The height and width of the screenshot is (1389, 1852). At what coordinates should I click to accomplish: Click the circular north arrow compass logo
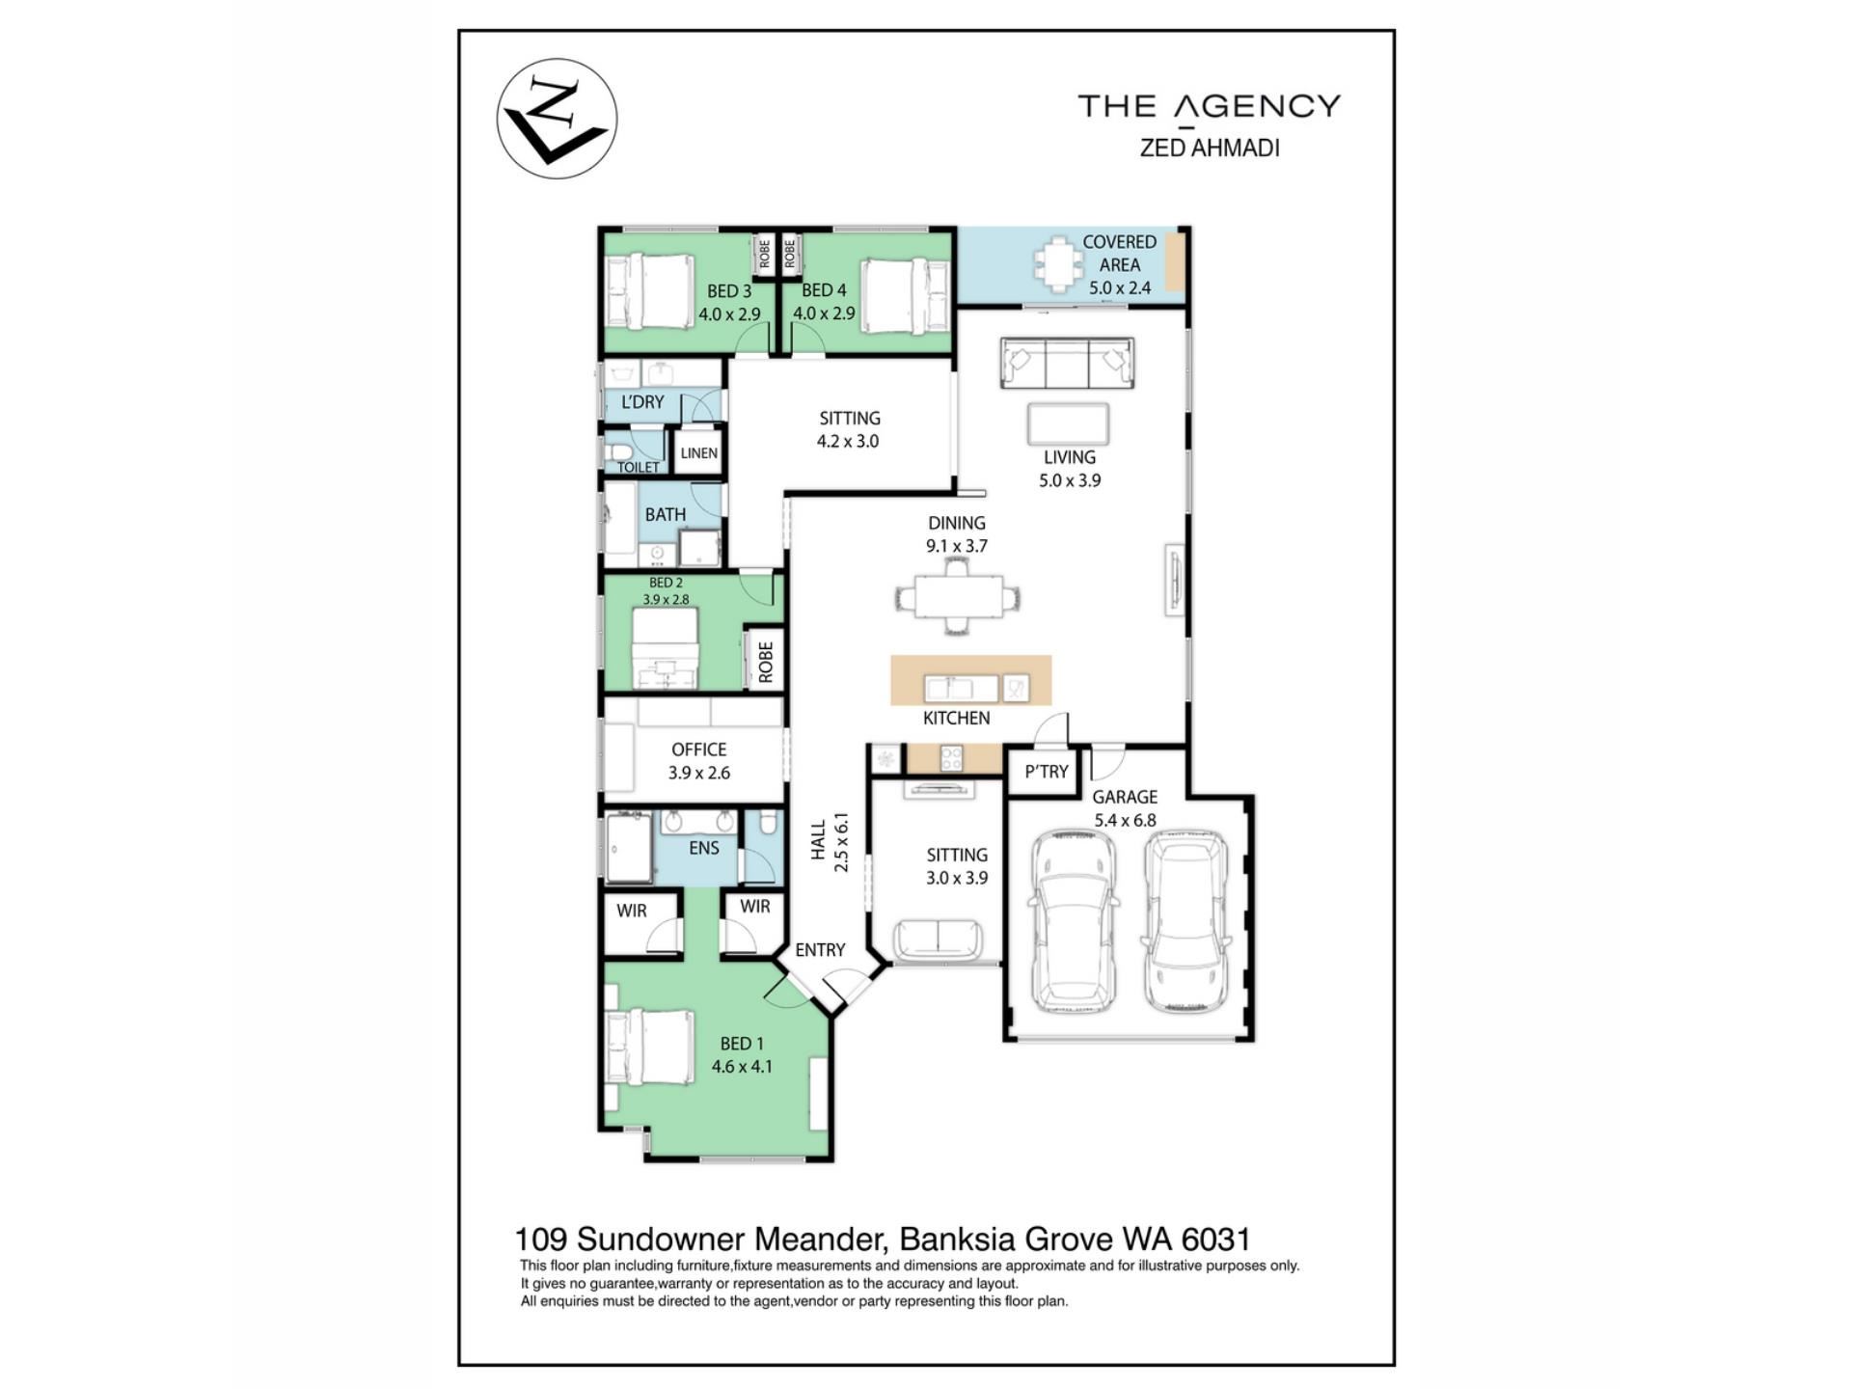(x=557, y=119)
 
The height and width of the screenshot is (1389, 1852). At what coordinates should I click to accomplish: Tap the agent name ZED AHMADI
(x=1210, y=149)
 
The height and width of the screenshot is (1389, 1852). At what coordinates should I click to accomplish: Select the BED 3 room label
(x=729, y=290)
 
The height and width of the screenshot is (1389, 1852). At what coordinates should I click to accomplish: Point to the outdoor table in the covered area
(x=1058, y=263)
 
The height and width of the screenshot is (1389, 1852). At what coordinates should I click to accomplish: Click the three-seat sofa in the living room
(x=1067, y=364)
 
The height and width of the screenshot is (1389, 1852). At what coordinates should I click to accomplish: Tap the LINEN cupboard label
(x=698, y=453)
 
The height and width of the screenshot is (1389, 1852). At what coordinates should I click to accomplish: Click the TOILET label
(x=638, y=468)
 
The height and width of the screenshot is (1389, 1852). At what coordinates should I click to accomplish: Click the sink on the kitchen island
(x=962, y=689)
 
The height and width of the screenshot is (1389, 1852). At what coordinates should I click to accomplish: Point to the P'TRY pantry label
(x=1047, y=772)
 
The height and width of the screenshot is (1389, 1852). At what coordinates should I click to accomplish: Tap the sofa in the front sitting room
(x=938, y=939)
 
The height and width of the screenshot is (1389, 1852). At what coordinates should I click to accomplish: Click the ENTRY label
(x=820, y=950)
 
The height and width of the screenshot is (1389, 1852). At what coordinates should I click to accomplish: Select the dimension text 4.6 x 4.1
(x=742, y=1067)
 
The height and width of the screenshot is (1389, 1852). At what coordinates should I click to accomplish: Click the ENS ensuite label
(x=704, y=848)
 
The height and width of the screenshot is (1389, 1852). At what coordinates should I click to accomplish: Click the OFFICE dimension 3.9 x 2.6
(x=699, y=773)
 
